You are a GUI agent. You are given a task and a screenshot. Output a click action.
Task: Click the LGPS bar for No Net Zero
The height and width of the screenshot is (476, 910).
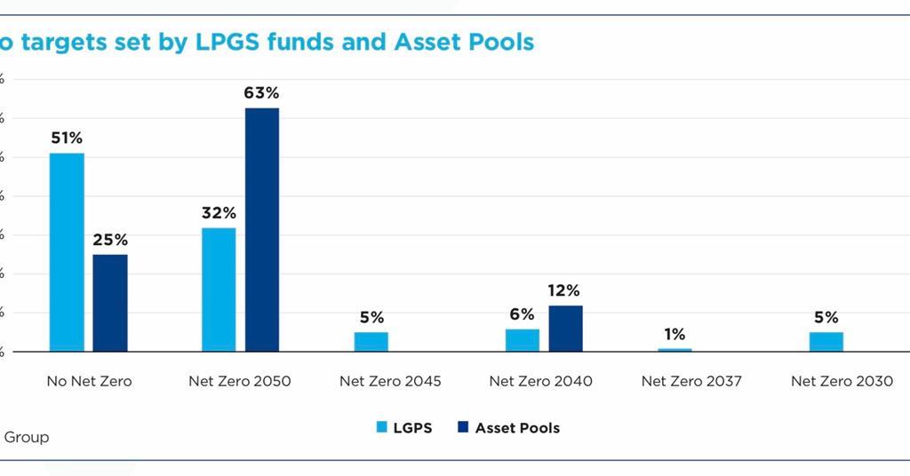67,252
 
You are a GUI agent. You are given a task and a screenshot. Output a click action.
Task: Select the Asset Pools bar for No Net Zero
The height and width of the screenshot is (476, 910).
110,303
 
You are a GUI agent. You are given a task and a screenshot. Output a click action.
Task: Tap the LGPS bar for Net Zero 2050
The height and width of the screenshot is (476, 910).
219,290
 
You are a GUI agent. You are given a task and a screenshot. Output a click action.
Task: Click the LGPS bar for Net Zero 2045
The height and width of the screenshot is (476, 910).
371,342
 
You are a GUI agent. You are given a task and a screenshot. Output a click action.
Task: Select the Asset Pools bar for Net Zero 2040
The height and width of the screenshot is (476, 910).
565,329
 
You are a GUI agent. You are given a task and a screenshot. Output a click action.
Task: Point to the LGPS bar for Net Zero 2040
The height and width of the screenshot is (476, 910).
523,340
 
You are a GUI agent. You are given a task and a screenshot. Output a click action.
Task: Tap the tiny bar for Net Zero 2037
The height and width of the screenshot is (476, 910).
675,350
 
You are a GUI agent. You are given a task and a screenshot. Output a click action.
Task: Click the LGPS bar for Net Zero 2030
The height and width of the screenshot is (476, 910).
826,342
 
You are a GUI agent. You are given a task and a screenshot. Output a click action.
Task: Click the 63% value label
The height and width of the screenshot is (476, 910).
262,92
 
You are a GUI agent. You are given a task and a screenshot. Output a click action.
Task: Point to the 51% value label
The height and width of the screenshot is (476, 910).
67,138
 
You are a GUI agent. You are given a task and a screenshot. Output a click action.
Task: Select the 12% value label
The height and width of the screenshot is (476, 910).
563,290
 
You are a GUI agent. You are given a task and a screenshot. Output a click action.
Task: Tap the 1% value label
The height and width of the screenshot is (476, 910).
675,334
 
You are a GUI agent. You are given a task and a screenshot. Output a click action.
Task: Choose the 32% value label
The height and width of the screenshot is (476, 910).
219,213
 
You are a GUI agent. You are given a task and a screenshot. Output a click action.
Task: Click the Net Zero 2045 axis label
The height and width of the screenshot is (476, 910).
390,381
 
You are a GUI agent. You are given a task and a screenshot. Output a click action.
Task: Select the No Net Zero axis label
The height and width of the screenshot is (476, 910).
89,381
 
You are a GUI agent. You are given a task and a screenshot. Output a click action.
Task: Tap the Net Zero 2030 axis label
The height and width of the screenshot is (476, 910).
842,381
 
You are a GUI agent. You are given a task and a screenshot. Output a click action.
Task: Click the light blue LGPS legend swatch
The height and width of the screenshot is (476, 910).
381,428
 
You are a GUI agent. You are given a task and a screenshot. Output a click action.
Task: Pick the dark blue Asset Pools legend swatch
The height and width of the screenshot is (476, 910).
462,428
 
